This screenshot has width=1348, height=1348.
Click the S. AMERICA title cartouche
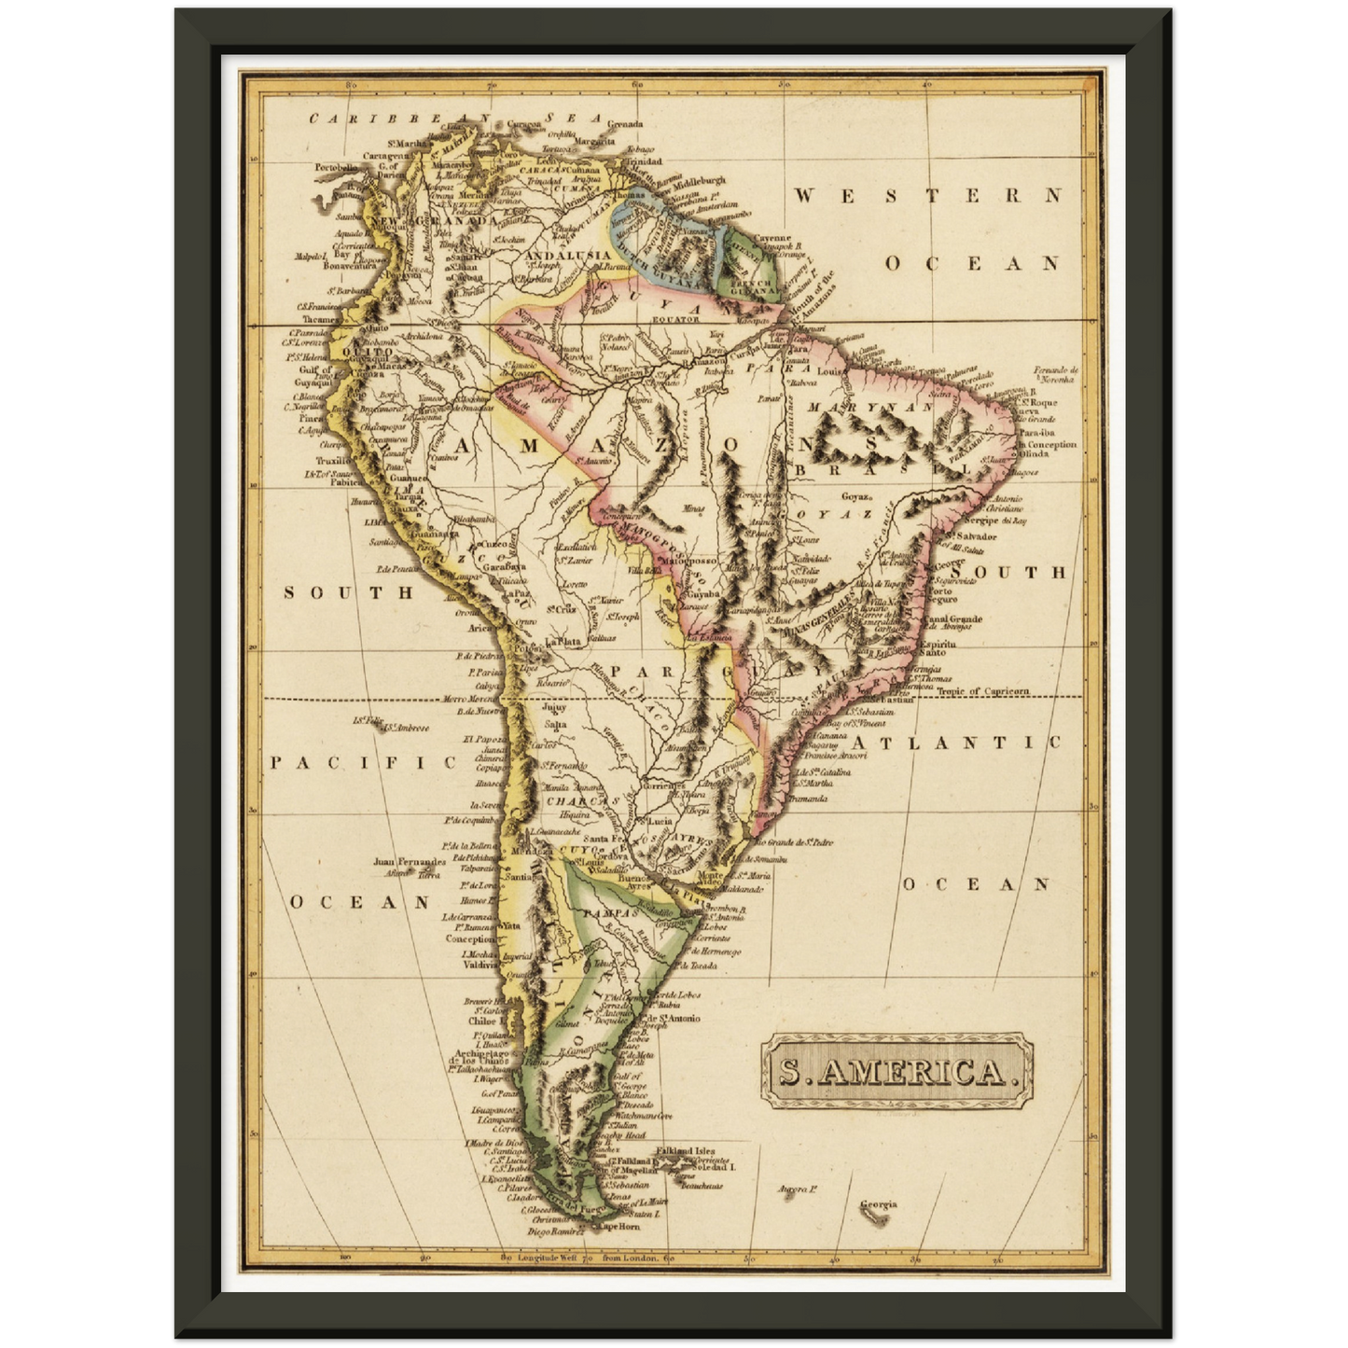tap(897, 1071)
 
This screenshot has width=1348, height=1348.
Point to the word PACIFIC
tap(363, 762)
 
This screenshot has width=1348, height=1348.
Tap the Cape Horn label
tap(618, 1227)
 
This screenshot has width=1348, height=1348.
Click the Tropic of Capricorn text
tap(983, 691)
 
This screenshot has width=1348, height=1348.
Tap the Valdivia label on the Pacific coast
tap(481, 966)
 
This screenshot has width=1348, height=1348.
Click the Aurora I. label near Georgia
tap(799, 1189)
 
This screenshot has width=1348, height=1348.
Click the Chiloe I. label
tap(483, 1021)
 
